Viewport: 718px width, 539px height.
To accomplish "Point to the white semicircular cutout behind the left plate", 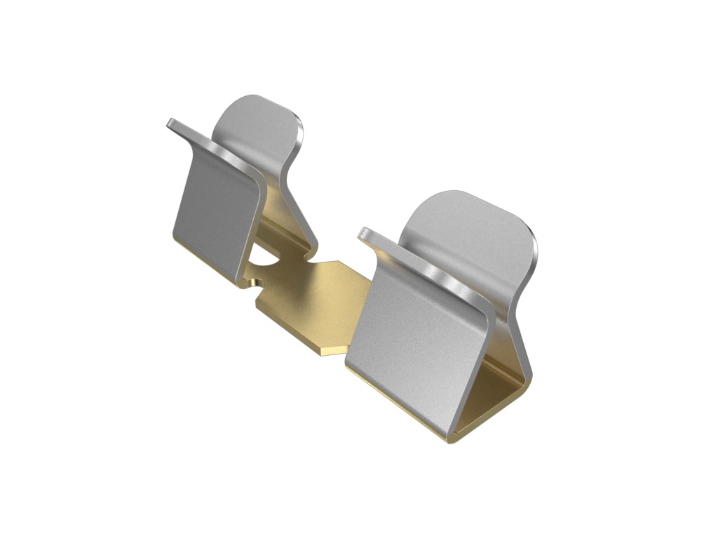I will pos(263,256).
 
